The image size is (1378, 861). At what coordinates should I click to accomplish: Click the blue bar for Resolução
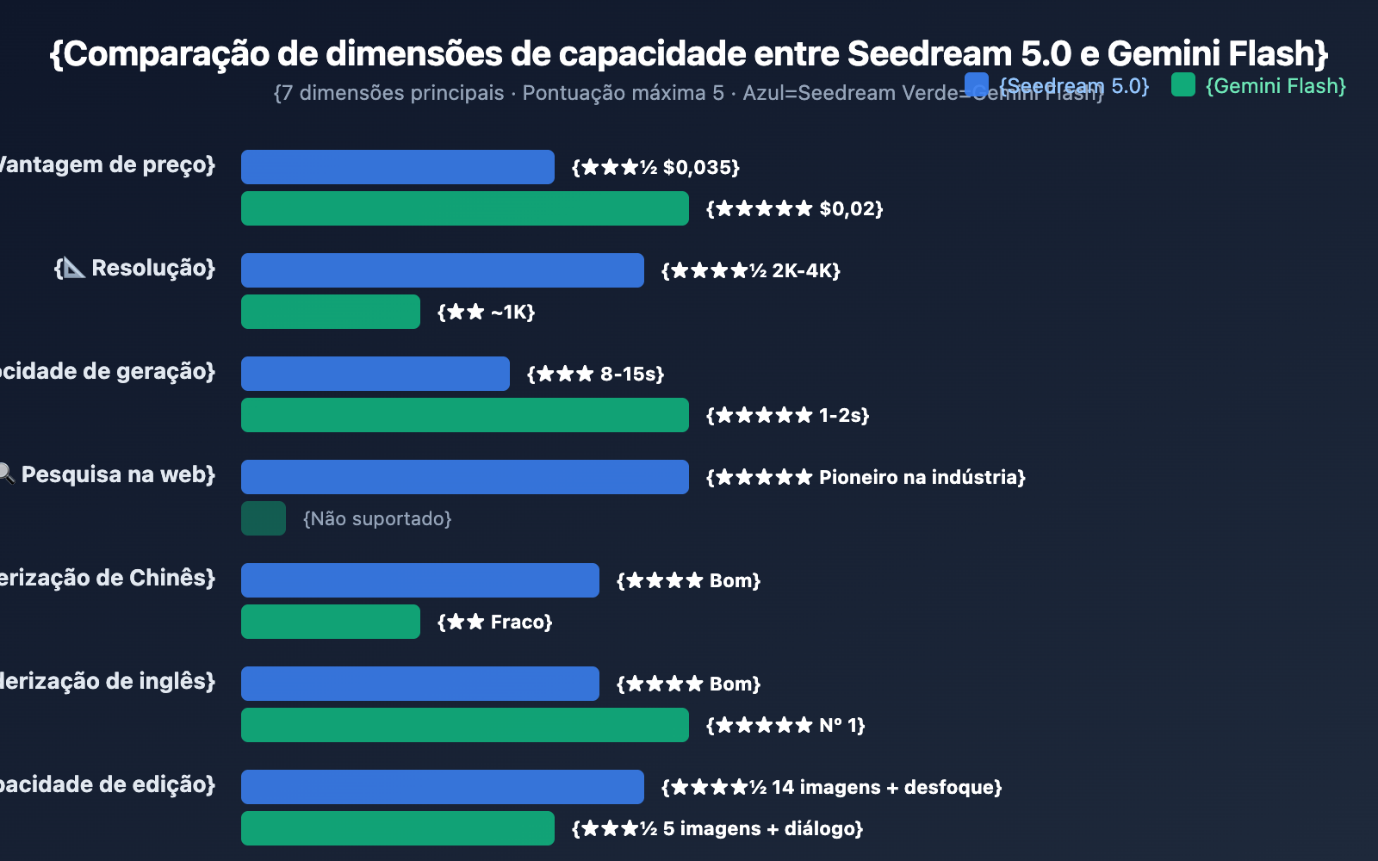pyautogui.click(x=442, y=270)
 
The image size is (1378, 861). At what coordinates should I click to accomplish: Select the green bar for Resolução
pyautogui.click(x=331, y=312)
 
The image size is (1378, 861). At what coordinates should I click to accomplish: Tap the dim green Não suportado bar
pyautogui.click(x=264, y=518)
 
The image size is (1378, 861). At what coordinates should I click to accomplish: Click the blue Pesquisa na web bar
pyautogui.click(x=464, y=477)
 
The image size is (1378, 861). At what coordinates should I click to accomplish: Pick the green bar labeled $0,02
pyautogui.click(x=464, y=208)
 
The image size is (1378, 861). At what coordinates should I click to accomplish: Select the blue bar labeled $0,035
pyautogui.click(x=397, y=167)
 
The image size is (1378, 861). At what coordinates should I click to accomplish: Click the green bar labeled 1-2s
pyautogui.click(x=464, y=415)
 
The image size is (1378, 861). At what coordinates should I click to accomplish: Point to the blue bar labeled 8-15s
pyautogui.click(x=376, y=374)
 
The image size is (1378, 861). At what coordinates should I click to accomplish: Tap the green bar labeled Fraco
pyautogui.click(x=331, y=622)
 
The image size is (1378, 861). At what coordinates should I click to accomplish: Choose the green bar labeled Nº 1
pyautogui.click(x=464, y=725)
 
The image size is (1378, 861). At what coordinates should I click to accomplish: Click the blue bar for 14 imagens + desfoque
pyautogui.click(x=442, y=787)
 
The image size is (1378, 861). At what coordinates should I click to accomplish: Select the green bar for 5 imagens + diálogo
pyautogui.click(x=397, y=828)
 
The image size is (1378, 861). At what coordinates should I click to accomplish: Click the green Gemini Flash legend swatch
pyautogui.click(x=1183, y=84)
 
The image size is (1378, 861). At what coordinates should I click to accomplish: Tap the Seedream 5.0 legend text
pyautogui.click(x=1074, y=86)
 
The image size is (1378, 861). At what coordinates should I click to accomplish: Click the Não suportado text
pyautogui.click(x=377, y=518)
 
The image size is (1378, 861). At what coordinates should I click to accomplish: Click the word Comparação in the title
pyautogui.click(x=165, y=53)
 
